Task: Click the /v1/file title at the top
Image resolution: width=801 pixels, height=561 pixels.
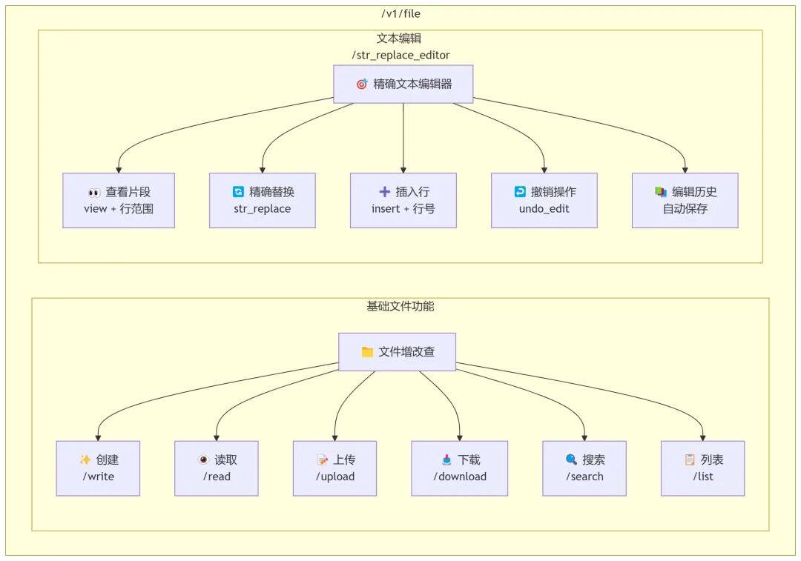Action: click(400, 13)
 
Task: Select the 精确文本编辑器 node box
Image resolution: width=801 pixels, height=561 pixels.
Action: click(403, 84)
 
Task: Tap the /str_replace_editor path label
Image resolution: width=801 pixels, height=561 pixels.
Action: click(400, 55)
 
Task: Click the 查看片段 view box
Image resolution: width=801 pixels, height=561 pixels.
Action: click(119, 200)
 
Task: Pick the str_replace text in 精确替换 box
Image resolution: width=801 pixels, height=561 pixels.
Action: click(262, 209)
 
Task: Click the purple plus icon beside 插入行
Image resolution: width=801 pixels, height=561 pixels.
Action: click(384, 192)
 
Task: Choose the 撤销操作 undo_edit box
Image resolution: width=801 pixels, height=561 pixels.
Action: click(544, 200)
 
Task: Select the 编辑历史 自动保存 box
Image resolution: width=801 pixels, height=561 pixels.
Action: click(685, 200)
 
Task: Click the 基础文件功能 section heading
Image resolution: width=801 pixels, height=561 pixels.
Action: click(400, 306)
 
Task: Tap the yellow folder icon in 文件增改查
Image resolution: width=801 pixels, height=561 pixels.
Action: click(367, 352)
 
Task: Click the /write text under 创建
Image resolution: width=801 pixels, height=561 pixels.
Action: click(98, 477)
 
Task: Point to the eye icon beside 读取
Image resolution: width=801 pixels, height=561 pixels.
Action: click(203, 459)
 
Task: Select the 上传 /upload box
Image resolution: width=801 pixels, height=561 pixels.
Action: click(334, 468)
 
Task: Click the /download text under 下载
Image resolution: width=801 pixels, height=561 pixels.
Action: click(460, 477)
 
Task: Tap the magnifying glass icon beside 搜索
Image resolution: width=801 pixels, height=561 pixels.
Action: click(570, 459)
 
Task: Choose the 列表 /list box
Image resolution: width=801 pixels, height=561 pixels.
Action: click(702, 468)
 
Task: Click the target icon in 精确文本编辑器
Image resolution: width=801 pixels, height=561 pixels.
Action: click(362, 84)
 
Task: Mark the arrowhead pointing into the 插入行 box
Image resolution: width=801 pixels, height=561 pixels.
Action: click(403, 169)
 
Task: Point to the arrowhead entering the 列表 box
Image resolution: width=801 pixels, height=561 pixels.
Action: click(703, 437)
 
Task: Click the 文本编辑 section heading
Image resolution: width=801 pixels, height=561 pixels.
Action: click(400, 39)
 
